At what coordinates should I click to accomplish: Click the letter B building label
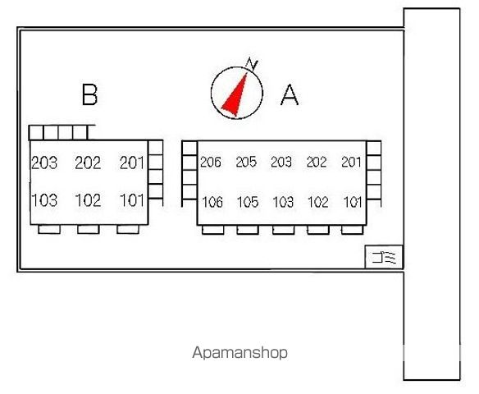90,94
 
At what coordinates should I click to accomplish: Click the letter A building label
290,94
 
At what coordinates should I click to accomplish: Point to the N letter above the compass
252,64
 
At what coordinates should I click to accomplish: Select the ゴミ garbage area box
384,257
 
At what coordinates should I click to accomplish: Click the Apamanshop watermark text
239,353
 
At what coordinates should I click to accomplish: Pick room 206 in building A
211,162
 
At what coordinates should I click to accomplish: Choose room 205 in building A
246,162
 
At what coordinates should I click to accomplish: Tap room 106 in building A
212,202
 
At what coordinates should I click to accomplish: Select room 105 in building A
248,202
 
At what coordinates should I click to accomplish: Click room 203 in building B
44,163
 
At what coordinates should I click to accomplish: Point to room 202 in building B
88,163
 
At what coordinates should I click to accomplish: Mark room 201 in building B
132,163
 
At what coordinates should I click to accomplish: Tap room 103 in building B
44,200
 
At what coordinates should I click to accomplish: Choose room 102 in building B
88,200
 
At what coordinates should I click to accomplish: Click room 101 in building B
132,200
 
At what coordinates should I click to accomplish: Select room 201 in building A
351,162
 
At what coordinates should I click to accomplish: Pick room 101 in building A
353,202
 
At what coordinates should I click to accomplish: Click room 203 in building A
281,162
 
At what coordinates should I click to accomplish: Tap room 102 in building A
318,202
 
